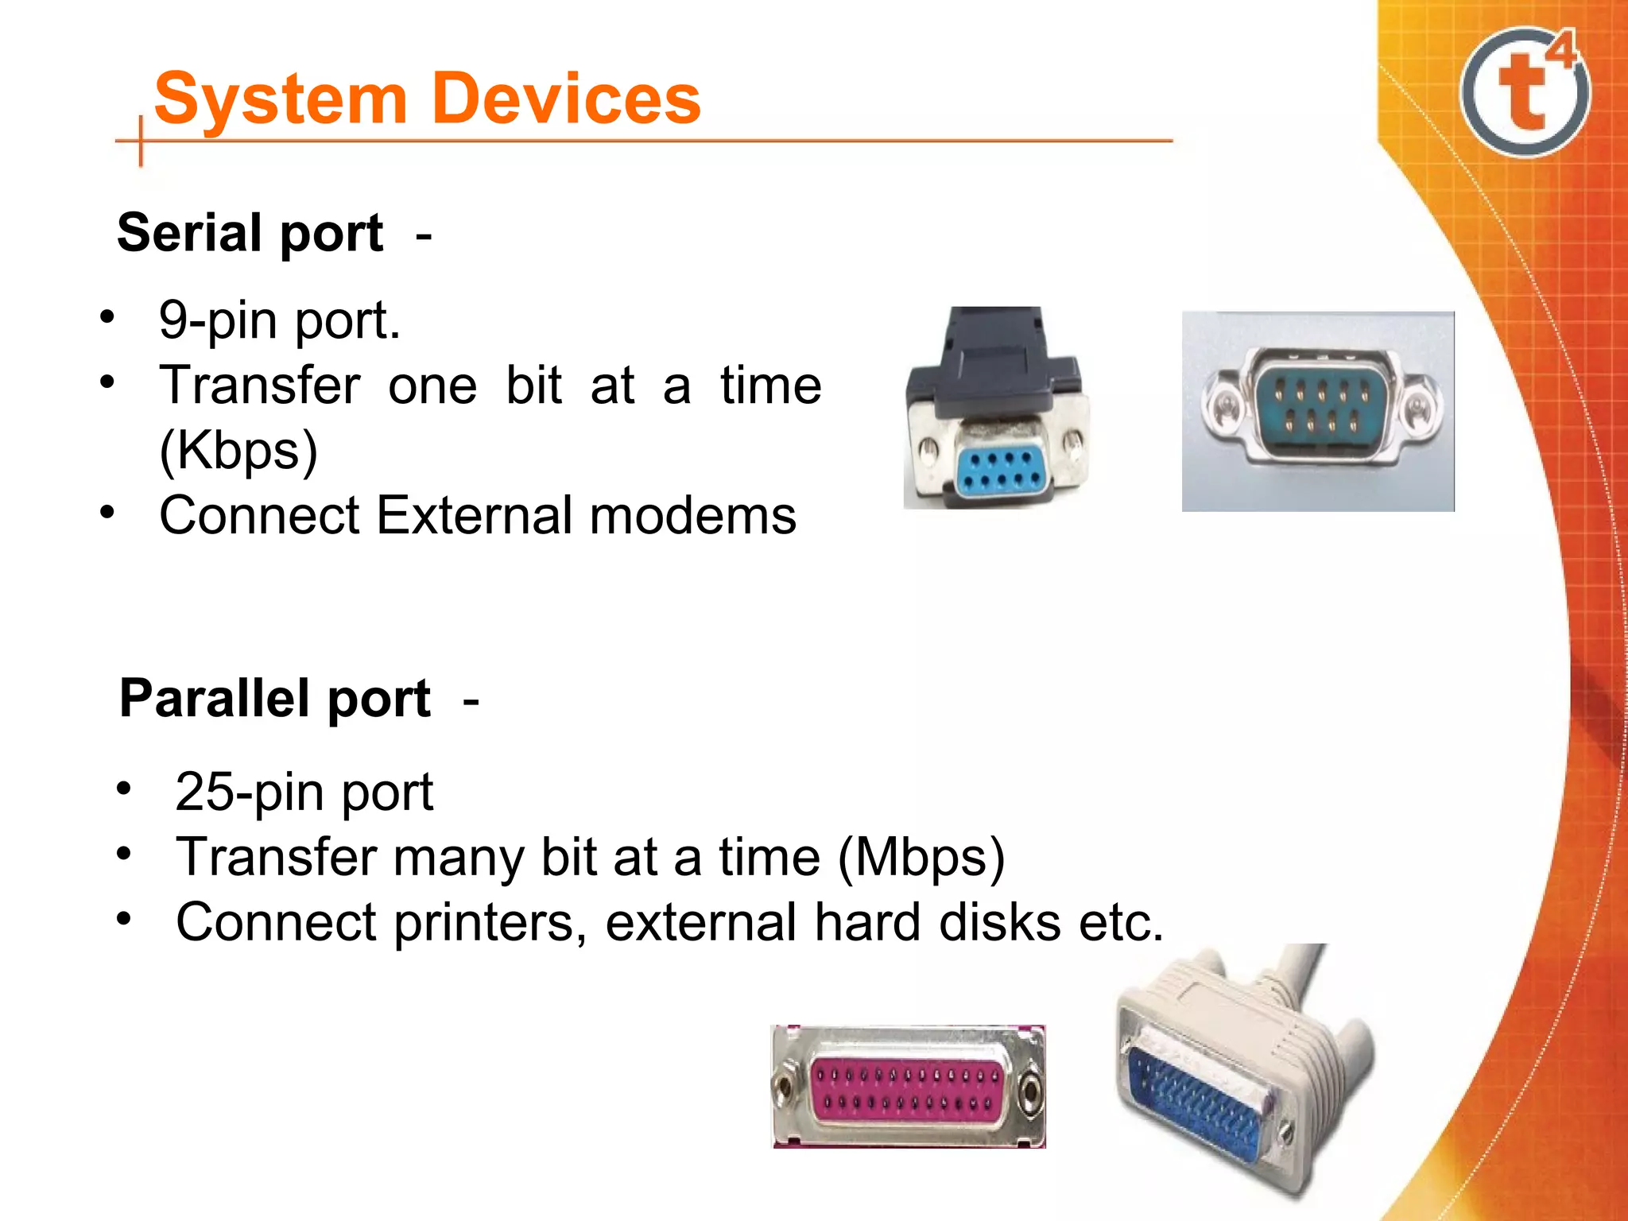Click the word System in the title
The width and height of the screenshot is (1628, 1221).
pyautogui.click(x=281, y=99)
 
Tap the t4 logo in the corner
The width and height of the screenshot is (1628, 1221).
pyautogui.click(x=1525, y=91)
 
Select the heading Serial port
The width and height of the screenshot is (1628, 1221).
pyautogui.click(x=250, y=233)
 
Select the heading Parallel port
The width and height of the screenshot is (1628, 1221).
pyautogui.click(x=275, y=699)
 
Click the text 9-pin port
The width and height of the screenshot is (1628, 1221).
pyautogui.click(x=279, y=320)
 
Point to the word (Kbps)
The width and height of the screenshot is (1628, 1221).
pyautogui.click(x=238, y=451)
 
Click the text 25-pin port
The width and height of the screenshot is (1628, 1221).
pyautogui.click(x=304, y=792)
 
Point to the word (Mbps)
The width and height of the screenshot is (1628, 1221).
pyautogui.click(x=921, y=857)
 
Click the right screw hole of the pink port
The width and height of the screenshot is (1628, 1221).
pyautogui.click(x=1030, y=1089)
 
